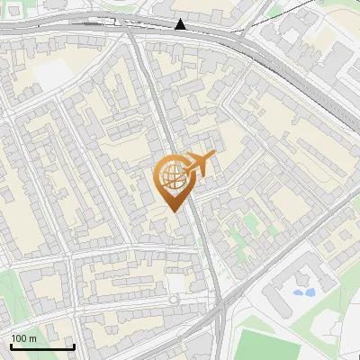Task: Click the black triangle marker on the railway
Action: [181, 24]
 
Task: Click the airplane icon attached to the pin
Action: [203, 164]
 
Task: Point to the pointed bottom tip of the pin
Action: [175, 211]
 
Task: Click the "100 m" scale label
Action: [24, 338]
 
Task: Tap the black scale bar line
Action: [42, 346]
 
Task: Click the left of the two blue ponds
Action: [298, 292]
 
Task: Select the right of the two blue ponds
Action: [310, 292]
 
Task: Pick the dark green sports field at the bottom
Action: [270, 346]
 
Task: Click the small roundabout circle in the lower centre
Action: [174, 299]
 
